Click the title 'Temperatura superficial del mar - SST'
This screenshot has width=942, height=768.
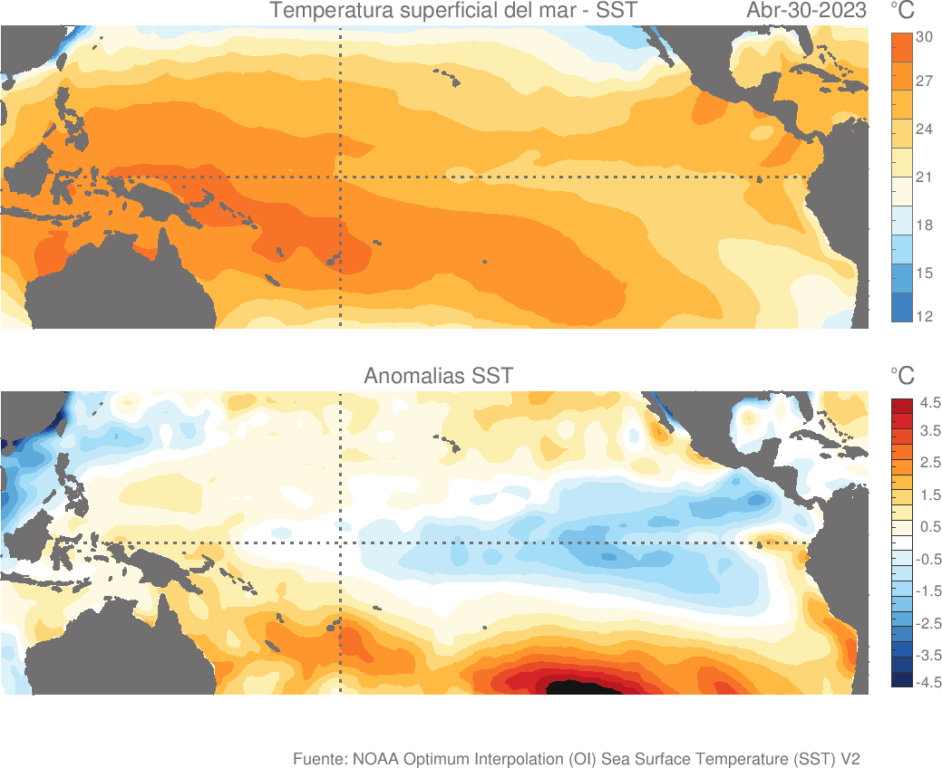tap(453, 12)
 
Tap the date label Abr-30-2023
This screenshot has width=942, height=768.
tap(806, 12)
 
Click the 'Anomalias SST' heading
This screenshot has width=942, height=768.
tap(438, 376)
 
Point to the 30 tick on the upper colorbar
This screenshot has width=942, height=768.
tap(925, 37)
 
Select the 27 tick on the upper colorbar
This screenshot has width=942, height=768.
tap(925, 81)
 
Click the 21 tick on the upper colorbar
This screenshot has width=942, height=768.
tap(925, 177)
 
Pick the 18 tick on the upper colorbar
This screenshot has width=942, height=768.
tap(925, 225)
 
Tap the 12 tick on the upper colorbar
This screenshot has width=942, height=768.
tap(925, 316)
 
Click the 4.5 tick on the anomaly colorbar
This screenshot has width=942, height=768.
tap(930, 401)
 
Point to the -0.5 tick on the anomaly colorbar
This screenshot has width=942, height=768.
tap(928, 560)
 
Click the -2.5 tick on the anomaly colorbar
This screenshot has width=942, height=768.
tap(928, 623)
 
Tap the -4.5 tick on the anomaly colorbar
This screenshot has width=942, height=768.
tap(928, 683)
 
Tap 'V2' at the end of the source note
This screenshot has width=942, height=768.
tap(850, 758)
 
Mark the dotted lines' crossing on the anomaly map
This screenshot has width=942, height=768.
tap(340, 542)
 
